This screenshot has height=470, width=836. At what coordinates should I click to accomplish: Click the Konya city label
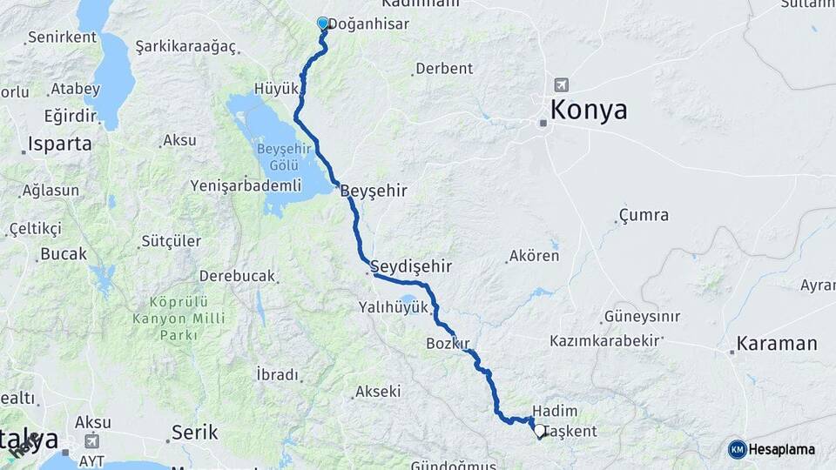tap(588, 111)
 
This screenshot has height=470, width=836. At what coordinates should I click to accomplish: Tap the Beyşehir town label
tap(374, 190)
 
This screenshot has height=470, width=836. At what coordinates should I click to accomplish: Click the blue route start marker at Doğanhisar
tap(323, 23)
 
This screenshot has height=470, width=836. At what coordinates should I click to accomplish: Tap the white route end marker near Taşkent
tap(540, 431)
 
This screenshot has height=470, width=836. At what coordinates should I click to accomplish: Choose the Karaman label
tap(776, 343)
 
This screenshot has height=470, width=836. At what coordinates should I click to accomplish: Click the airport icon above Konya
tap(561, 85)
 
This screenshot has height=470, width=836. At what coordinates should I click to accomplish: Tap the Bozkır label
tap(448, 343)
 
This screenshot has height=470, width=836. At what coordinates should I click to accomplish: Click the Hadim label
tap(555, 411)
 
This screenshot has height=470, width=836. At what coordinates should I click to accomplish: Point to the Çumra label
tap(644, 215)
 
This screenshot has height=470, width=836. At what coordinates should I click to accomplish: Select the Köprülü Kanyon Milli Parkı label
tap(178, 318)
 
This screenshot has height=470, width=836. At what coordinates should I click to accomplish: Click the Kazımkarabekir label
tap(603, 341)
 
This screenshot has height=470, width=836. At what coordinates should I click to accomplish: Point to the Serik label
tap(193, 432)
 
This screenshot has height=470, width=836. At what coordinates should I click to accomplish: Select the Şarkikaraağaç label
tap(188, 45)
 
